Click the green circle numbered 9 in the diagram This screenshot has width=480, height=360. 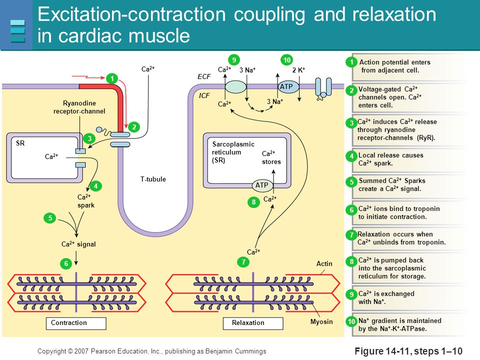point(234,59)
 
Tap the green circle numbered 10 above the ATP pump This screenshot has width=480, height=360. point(287,59)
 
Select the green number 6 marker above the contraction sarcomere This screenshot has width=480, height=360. point(66,263)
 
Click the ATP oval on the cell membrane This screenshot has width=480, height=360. point(288,86)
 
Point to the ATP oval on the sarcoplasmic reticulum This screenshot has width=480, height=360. point(262,185)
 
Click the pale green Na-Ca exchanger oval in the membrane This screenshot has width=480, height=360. point(235,86)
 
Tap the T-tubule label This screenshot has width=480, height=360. point(153,179)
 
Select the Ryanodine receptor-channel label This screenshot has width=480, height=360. point(79,107)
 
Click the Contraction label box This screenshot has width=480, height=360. point(76,323)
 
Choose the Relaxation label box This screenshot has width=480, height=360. point(253,323)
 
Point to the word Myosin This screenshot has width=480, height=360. point(321,321)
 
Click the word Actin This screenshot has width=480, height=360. point(324,263)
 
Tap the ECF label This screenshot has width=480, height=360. point(204,76)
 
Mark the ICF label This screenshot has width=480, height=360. point(204,95)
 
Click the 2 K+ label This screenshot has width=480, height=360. point(299,70)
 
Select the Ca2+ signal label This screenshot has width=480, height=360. point(78,244)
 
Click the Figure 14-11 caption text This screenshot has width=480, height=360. point(408,351)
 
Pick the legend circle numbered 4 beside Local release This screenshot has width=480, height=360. point(351,156)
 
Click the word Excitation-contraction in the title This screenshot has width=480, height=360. point(132,14)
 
